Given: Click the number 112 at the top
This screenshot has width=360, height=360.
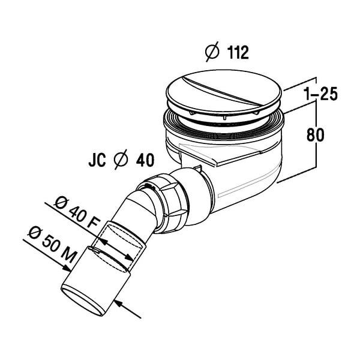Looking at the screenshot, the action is click(238, 53).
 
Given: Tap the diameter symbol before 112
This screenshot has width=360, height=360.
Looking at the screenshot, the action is click(212, 52).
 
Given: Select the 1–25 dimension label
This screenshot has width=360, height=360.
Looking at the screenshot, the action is click(320, 94).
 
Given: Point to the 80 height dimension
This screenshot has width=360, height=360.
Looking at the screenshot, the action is click(315, 134).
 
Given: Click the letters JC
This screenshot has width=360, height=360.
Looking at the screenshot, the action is click(97, 160).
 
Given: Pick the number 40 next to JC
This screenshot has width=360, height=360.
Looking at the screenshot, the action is click(145, 160).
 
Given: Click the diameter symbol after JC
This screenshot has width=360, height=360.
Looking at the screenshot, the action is click(121, 160).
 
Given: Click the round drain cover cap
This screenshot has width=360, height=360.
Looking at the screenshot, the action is click(224, 91).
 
